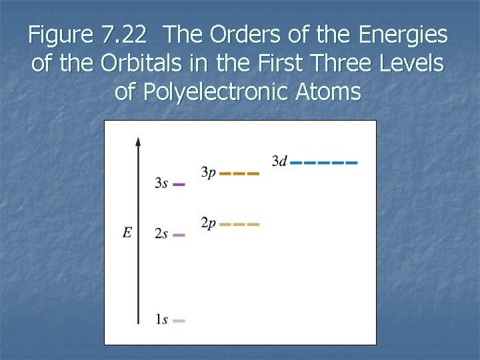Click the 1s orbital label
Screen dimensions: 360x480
click(161, 320)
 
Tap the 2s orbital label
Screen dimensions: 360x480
click(161, 234)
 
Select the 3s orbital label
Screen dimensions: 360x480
click(161, 183)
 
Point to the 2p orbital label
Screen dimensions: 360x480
click(209, 223)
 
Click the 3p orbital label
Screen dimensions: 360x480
click(209, 173)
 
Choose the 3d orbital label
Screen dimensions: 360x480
click(279, 161)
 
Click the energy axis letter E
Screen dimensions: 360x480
click(127, 233)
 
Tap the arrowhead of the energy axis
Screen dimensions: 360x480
click(138, 141)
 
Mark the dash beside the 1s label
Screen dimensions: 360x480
click(179, 321)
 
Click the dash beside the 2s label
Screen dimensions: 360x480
click(179, 235)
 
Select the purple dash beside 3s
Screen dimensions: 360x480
click(179, 184)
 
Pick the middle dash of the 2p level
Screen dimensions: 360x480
click(239, 224)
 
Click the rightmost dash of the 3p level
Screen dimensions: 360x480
click(253, 173)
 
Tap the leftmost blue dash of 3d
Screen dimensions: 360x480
click(296, 162)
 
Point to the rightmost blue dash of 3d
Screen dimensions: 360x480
click(352, 162)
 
